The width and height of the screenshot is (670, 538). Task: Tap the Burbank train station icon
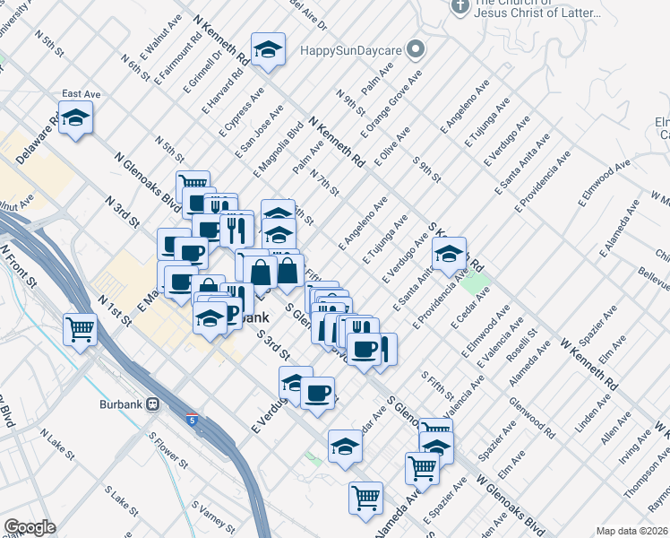point(153,403)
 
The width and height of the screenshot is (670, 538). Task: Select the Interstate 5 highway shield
point(193,420)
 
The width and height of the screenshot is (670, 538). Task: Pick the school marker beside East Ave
point(76,117)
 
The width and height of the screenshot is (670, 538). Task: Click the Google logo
point(29,527)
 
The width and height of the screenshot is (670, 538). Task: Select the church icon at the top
point(460,8)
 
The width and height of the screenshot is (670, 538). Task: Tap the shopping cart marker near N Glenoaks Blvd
point(193,187)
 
